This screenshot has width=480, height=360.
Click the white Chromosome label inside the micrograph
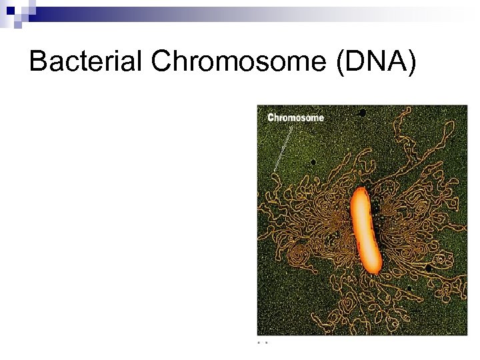tap(295, 118)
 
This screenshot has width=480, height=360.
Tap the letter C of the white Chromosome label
tap(271, 118)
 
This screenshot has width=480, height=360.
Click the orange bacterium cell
tap(365, 230)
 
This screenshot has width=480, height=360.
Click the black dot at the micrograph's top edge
tap(362, 112)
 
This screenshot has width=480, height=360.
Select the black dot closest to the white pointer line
tap(312, 161)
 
